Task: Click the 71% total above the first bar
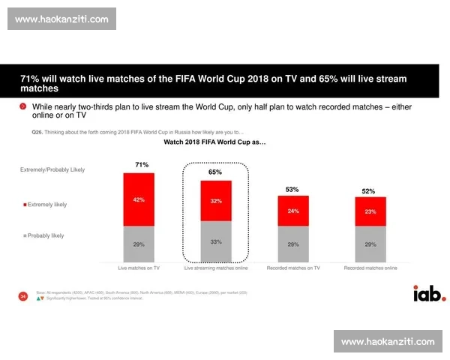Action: pos(141,164)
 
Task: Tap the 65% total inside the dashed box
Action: pos(215,172)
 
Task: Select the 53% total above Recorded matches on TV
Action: pos(292,189)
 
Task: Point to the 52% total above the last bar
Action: pos(369,191)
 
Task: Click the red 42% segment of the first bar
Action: pos(139,200)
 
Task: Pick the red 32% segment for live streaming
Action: pos(215,201)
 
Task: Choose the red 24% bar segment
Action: pos(292,211)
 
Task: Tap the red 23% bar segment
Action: pos(370,211)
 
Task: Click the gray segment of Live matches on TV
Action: pos(139,244)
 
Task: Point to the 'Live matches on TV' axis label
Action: pos(139,268)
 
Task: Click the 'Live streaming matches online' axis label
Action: pos(215,268)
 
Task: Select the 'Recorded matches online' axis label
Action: pos(370,268)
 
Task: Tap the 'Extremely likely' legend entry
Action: pos(46,205)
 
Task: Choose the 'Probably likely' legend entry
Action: pos(45,235)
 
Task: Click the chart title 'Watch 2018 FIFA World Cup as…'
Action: pos(214,142)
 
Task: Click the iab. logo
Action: pos(428,292)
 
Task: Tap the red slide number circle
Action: pos(22,297)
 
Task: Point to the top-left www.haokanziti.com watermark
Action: pos(62,19)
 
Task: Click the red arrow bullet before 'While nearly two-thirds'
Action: pos(23,107)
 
